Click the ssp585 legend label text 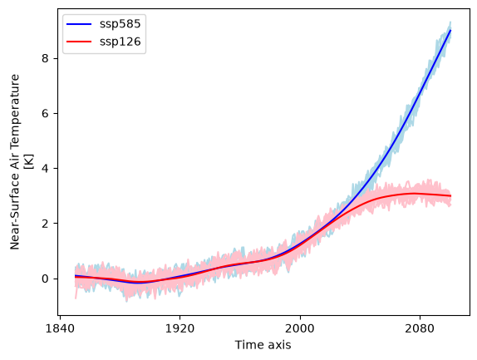pyautogui.click(x=120, y=24)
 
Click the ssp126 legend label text pyautogui.click(x=120, y=42)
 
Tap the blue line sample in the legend pyautogui.click(x=79, y=24)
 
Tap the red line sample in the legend pyautogui.click(x=79, y=42)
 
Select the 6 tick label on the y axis pyautogui.click(x=46, y=113)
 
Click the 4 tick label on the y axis pyautogui.click(x=46, y=168)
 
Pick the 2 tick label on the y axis pyautogui.click(x=46, y=224)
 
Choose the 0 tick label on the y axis pyautogui.click(x=46, y=279)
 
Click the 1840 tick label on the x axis pyautogui.click(x=60, y=328)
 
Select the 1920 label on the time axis pyautogui.click(x=179, y=328)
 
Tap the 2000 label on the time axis pyautogui.click(x=300, y=328)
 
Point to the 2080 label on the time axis pyautogui.click(x=420, y=328)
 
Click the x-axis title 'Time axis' pyautogui.click(x=263, y=345)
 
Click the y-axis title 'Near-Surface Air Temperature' pyautogui.click(x=15, y=162)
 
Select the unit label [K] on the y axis pyautogui.click(x=30, y=162)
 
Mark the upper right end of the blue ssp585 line pyautogui.click(x=450, y=30)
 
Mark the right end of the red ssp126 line pyautogui.click(x=450, y=196)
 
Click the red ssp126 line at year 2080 pyautogui.click(x=420, y=194)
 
